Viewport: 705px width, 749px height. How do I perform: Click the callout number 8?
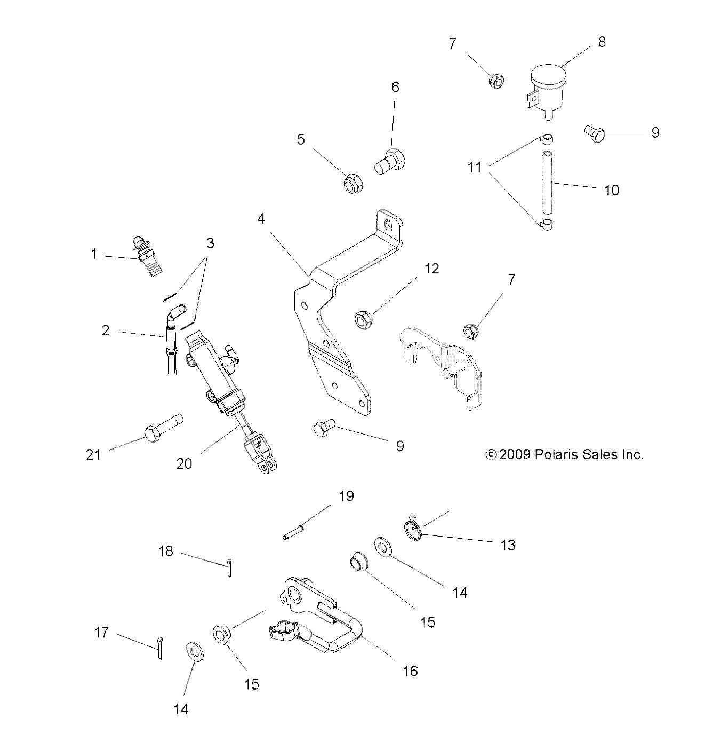pos(602,42)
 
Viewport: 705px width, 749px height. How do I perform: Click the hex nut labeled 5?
pos(353,184)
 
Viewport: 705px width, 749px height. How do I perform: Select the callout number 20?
pos(184,463)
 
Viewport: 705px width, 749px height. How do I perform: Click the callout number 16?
pos(410,671)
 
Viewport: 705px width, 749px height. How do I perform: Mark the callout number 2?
pos(106,331)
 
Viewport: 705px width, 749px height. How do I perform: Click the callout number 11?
pos(474,168)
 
